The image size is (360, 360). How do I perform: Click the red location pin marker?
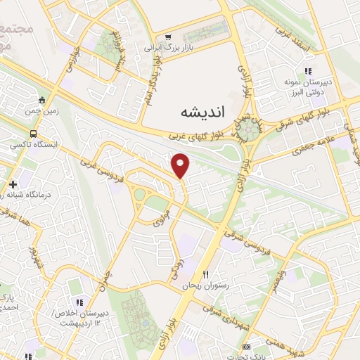(x=181, y=166)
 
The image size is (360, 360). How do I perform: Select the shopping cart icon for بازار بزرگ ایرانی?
(x=167, y=37)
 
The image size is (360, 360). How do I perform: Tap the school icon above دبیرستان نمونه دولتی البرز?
(x=307, y=71)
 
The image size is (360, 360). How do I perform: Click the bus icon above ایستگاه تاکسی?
(x=33, y=134)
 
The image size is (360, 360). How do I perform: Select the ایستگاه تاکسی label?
(x=34, y=145)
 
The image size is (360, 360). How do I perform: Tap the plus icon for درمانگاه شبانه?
(x=13, y=184)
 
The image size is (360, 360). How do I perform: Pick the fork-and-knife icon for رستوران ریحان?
(x=206, y=274)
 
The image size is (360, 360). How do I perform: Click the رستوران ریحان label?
(x=205, y=285)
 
